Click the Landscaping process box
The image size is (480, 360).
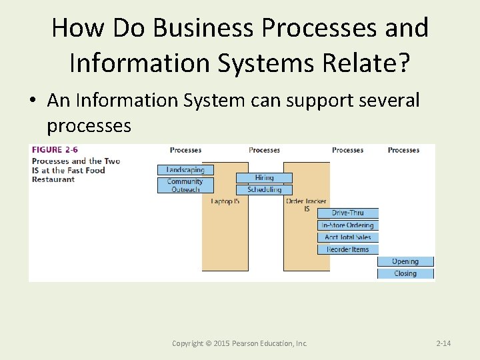coord(185,170)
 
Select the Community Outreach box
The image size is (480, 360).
coord(185,185)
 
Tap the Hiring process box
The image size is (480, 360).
coord(264,178)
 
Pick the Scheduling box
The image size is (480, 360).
coord(264,190)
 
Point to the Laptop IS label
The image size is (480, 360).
coord(225,201)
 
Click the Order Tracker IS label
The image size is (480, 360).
coord(306,205)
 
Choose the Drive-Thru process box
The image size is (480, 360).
coord(348,213)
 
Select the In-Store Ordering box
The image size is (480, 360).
coord(348,225)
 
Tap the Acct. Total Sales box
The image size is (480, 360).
coord(348,237)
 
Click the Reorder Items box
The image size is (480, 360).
coord(348,249)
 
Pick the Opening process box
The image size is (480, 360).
coord(405,261)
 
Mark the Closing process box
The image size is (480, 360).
coord(405,273)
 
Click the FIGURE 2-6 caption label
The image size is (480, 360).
coord(55,150)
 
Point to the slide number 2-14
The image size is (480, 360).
coord(443,343)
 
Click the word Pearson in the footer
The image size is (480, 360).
coord(245,343)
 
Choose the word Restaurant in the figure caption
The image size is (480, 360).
coord(53,179)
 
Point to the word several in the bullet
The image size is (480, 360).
coord(386,100)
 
